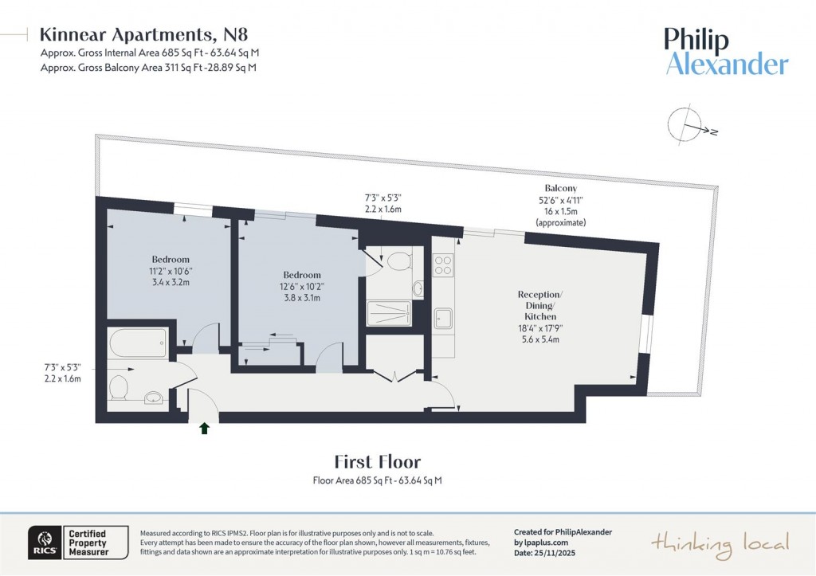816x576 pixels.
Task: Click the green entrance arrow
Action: point(204,429)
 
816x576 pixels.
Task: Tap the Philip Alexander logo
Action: point(726,52)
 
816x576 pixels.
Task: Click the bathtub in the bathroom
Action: point(138,343)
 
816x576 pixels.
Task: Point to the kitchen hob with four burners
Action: point(443,265)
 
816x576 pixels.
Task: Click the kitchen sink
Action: point(443,319)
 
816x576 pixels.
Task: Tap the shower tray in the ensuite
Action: point(389,313)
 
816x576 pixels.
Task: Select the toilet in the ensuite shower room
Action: point(398,260)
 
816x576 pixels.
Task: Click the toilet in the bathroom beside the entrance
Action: point(118,389)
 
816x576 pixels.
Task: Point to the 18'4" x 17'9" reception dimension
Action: point(539,327)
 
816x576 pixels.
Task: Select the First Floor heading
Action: point(377,462)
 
